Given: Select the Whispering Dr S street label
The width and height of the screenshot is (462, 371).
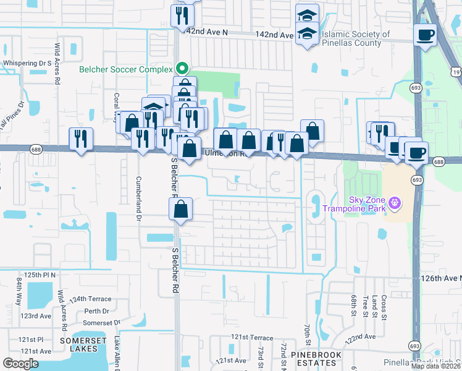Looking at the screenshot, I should pos(26,63).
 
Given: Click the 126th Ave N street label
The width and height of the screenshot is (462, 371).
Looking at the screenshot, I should pos(442,278).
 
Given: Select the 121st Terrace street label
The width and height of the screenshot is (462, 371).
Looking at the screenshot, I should pos(252,338).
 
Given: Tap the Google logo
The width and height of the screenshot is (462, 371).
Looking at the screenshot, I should pos(20,364).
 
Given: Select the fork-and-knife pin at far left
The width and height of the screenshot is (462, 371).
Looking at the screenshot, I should pos(81,139).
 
